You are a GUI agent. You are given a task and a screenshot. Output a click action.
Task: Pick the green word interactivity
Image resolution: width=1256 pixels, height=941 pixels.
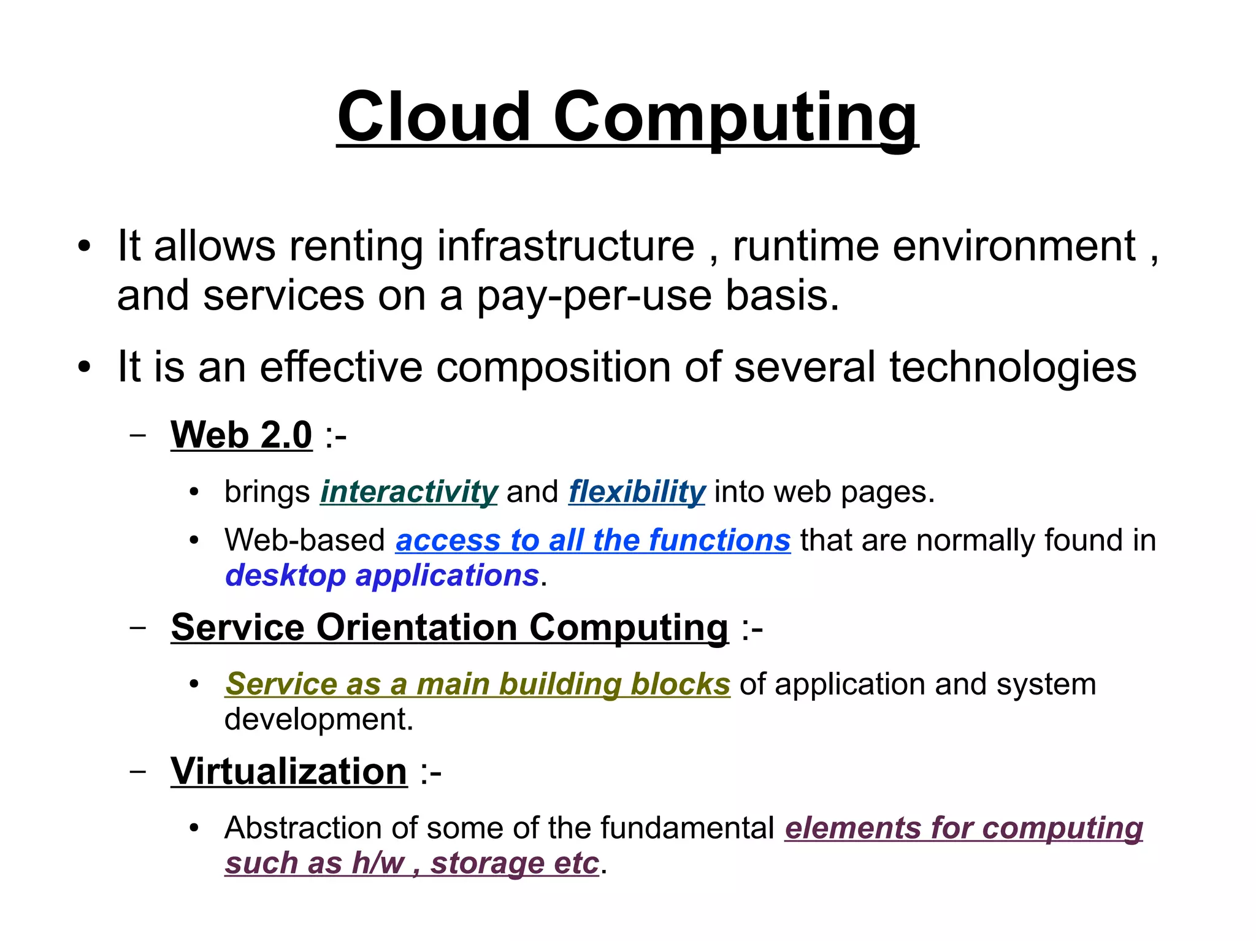click(x=408, y=492)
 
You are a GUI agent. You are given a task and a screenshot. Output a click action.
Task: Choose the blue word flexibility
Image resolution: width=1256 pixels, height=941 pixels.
click(x=637, y=492)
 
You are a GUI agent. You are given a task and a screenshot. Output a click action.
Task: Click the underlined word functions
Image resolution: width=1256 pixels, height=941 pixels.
click(x=719, y=540)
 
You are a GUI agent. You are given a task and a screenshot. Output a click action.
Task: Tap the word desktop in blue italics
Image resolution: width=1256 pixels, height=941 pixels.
click(x=285, y=575)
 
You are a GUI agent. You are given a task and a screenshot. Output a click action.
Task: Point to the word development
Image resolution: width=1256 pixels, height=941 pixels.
click(x=319, y=718)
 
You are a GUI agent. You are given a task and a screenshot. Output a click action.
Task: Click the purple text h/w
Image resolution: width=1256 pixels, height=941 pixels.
click(x=378, y=863)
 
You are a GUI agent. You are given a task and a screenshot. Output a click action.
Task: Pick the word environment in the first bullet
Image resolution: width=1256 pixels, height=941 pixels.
click(x=1014, y=246)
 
